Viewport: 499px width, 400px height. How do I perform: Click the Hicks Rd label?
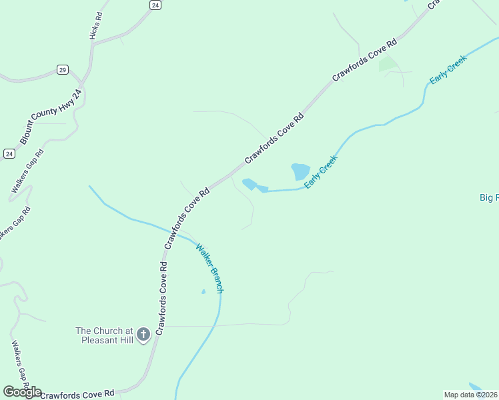coord(95,25)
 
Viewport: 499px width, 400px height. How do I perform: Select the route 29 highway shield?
coord(62,69)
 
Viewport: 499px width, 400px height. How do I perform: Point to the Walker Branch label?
coord(210,269)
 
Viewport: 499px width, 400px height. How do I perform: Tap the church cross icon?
coord(143,335)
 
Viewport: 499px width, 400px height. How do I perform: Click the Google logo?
coord(22,392)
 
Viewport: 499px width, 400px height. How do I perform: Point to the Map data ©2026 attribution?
coord(470,395)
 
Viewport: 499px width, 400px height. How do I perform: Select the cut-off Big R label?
coord(489,197)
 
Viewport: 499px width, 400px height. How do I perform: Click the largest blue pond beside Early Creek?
coord(301,171)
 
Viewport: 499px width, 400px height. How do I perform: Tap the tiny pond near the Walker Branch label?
coord(203,291)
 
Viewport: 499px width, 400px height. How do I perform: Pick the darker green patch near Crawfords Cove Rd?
coord(388,65)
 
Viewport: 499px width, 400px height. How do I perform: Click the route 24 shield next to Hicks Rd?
coord(155,5)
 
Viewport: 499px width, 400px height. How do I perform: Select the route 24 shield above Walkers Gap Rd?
coord(9,153)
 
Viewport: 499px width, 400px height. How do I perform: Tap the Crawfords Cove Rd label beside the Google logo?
coord(77,393)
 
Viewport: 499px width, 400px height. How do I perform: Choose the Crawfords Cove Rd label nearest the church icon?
coord(161,297)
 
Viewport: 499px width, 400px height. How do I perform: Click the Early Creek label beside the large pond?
coord(322,171)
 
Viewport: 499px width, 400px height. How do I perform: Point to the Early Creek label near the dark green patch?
coord(448,69)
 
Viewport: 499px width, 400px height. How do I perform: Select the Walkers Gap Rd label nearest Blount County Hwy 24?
coord(27,171)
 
